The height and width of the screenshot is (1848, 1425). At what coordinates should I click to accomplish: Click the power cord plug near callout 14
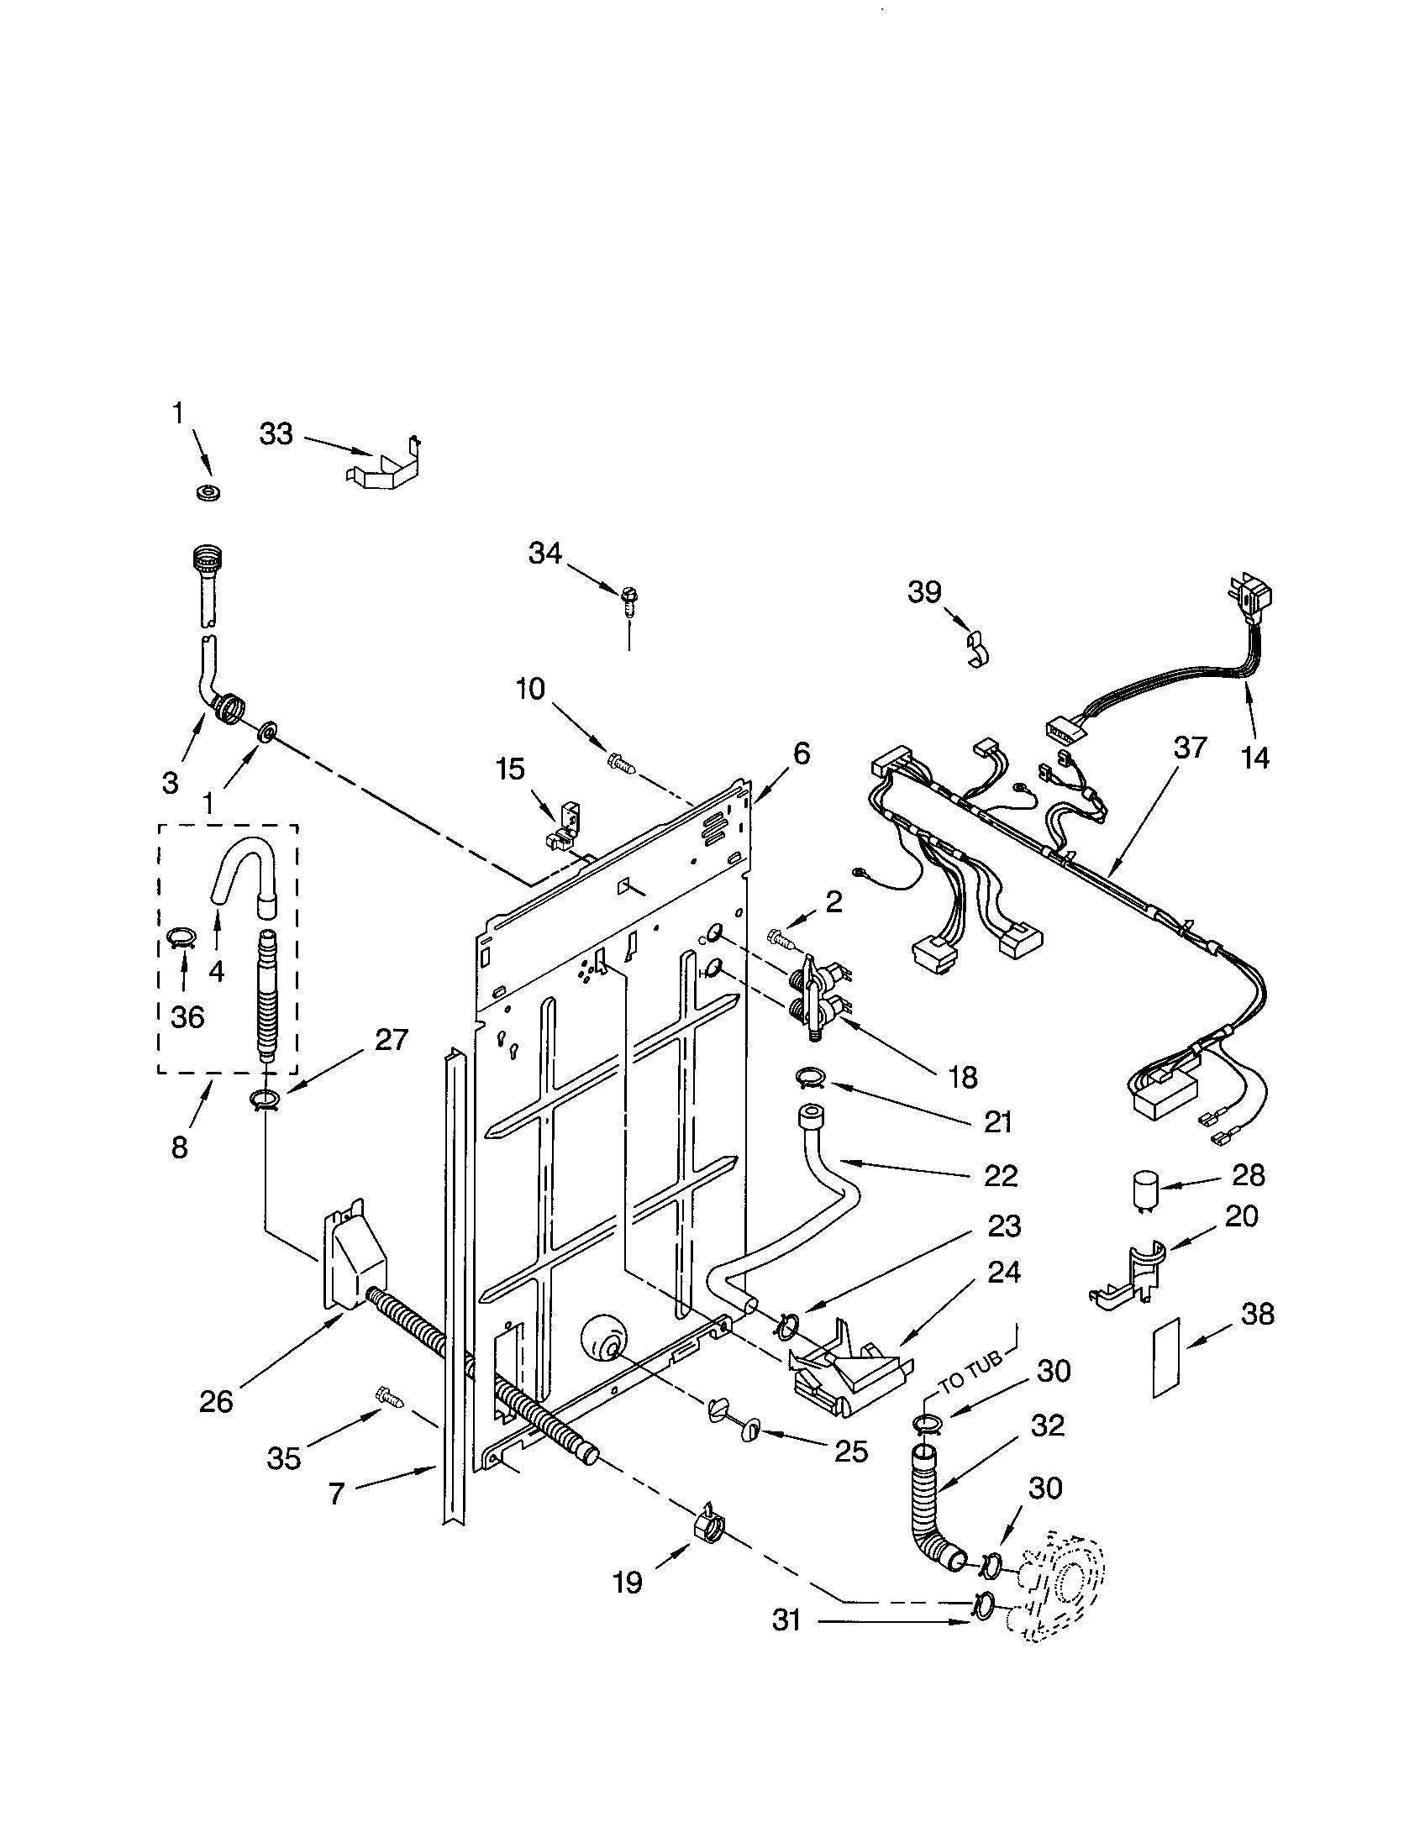(x=1255, y=600)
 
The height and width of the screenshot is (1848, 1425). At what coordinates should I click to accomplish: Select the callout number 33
(x=276, y=435)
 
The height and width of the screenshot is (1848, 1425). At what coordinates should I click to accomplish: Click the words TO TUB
(x=971, y=1375)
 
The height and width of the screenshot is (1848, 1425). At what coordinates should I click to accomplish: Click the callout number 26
(x=216, y=1402)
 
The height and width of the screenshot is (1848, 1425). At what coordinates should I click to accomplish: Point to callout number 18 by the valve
(x=963, y=1077)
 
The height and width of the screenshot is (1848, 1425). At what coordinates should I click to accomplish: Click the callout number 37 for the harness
(x=1190, y=748)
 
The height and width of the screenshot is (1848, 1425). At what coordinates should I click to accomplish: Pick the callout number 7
(x=336, y=1495)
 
